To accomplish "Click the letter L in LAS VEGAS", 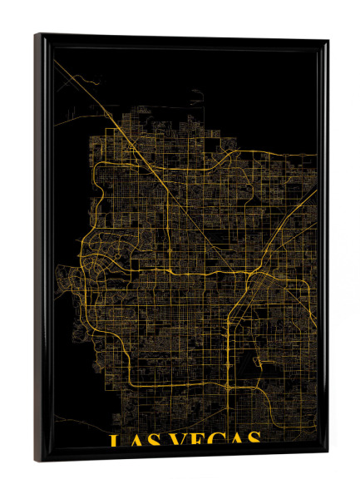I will pos(116,440).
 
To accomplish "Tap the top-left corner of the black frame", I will pos(36,35).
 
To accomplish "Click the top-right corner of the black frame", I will pos(327,41).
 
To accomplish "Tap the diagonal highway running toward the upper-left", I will pos(125,125).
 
